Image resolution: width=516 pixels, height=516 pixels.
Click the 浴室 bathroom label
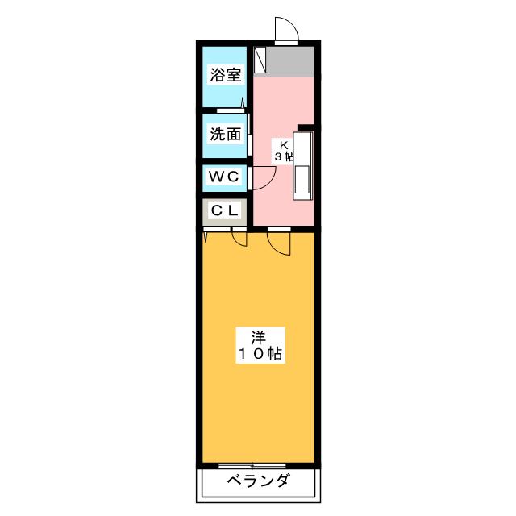(226, 75)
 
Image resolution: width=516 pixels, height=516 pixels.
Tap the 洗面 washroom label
(226, 134)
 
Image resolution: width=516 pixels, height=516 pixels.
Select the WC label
(224, 177)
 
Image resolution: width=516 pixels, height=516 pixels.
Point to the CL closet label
(225, 210)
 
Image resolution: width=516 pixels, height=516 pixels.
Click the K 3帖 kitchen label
(284, 151)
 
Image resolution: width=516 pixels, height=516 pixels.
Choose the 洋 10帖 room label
(260, 345)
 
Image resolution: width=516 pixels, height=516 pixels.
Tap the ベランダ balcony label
(258, 481)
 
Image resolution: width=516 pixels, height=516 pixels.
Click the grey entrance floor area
(290, 61)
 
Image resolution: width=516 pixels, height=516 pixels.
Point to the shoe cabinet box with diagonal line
(260, 60)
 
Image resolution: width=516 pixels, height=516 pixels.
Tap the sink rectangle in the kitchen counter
(302, 180)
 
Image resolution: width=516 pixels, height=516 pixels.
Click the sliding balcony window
(252, 466)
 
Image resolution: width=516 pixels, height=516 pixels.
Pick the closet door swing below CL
(239, 236)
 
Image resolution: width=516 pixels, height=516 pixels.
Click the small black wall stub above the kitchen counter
(306, 127)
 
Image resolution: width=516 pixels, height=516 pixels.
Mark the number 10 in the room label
(252, 354)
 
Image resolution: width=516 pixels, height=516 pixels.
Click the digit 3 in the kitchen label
(278, 156)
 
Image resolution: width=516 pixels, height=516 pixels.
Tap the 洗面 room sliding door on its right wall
(250, 135)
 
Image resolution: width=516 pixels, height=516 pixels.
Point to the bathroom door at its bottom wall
(231, 110)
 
